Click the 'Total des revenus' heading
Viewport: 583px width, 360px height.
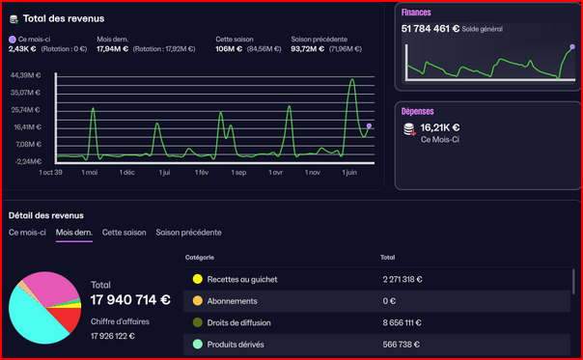coord(64,18)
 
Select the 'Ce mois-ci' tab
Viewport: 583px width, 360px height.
coord(27,233)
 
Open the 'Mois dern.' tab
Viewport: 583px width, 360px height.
coord(74,233)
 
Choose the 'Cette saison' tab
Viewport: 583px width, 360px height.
coord(125,233)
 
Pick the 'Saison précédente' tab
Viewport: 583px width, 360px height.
coord(188,233)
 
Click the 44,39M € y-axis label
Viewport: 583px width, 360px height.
coord(26,75)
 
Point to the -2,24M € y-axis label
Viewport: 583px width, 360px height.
coord(26,161)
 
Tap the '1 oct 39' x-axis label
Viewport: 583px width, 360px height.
coord(50,173)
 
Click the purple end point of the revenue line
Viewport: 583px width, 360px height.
coord(369,126)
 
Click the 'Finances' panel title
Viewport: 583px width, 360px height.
coord(416,13)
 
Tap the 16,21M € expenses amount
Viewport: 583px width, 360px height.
coord(440,126)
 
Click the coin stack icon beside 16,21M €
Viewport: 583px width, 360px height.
coord(409,127)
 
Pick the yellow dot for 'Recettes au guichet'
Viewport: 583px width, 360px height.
coord(197,279)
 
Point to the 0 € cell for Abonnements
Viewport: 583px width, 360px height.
coord(391,300)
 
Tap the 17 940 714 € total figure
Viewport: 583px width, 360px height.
coord(130,299)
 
